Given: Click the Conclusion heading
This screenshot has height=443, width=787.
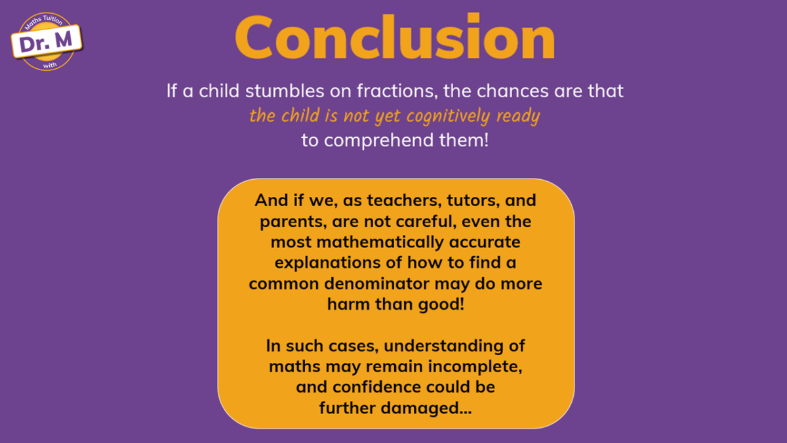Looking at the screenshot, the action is point(395,37).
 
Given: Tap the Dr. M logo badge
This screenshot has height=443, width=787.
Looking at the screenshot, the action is point(47,41).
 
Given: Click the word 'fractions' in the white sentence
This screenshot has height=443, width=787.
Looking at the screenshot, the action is point(397,91).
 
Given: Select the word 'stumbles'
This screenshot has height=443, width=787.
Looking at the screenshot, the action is point(285,91).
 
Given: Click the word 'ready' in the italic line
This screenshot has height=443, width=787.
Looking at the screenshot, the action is point(518,117).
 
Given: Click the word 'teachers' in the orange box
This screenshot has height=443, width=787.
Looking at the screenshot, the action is point(405,200).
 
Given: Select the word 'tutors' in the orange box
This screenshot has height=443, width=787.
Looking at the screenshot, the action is point(474,200).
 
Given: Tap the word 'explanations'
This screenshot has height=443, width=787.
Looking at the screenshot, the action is point(328,263).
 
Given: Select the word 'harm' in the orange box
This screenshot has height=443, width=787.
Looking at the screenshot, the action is point(348,305).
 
